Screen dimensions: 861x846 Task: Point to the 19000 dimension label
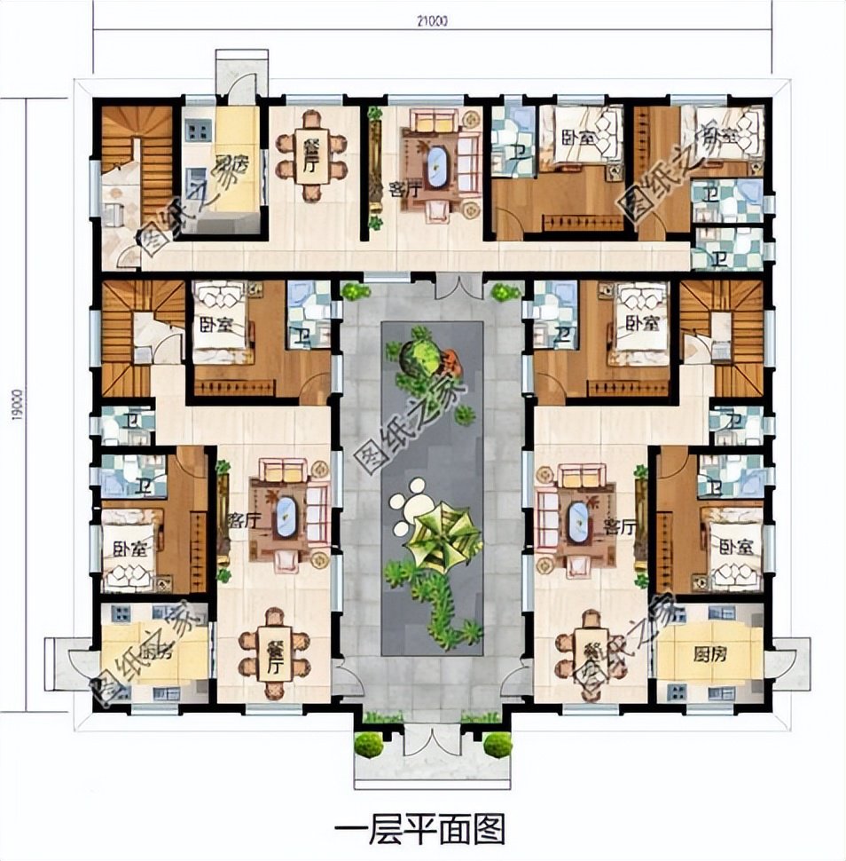[10, 404]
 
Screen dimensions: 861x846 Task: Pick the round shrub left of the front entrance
[368, 744]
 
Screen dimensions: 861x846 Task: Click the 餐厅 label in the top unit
[310, 155]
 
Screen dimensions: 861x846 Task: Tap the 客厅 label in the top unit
[398, 189]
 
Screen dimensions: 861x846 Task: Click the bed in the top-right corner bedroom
[727, 133]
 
